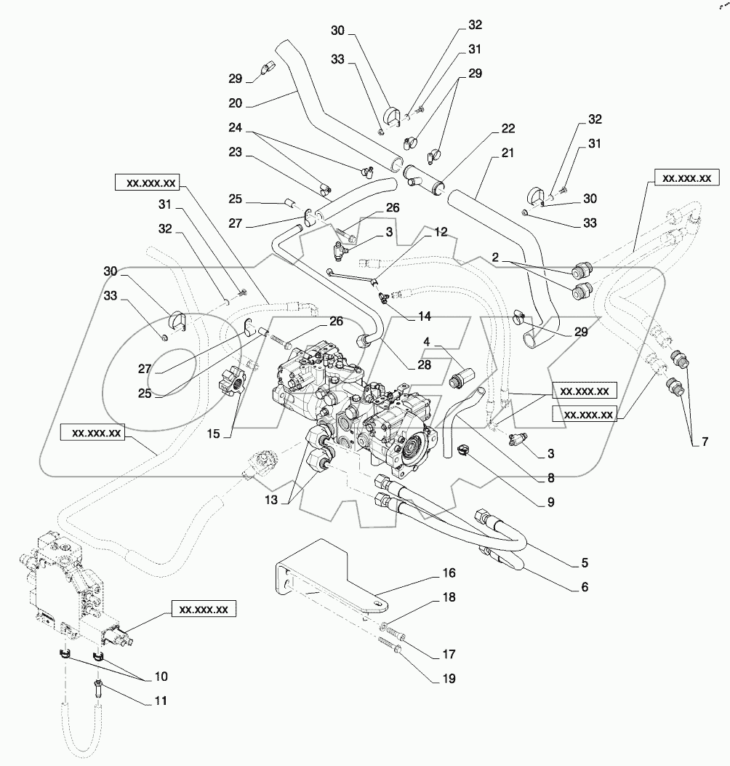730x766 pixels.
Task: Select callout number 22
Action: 507,129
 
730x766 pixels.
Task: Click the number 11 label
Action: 160,701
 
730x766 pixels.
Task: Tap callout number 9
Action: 550,501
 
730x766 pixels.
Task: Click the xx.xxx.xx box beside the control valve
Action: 203,610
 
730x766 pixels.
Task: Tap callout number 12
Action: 441,232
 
